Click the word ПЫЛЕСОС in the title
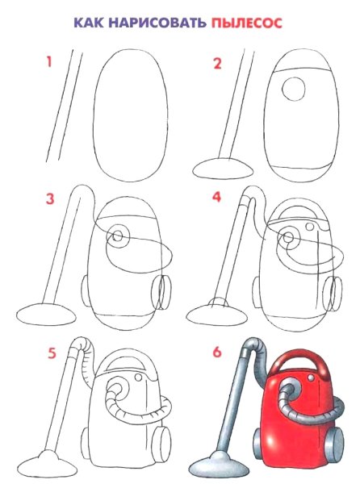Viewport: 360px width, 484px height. pyautogui.click(x=247, y=23)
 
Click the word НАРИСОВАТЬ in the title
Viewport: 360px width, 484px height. pyautogui.click(x=157, y=23)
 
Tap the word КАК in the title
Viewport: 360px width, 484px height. pyautogui.click(x=89, y=23)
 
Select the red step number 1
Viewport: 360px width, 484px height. pyautogui.click(x=48, y=62)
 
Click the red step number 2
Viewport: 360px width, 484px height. pyautogui.click(x=217, y=64)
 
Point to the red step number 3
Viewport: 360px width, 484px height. pyautogui.click(x=50, y=198)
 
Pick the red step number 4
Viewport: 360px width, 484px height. pyautogui.click(x=216, y=197)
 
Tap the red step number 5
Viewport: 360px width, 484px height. pyautogui.click(x=52, y=353)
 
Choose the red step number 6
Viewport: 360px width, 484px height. pyautogui.click(x=217, y=352)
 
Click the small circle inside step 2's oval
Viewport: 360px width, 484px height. pyautogui.click(x=293, y=89)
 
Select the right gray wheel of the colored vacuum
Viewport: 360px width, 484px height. pyautogui.click(x=334, y=440)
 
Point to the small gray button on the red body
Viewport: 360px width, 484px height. pyautogui.click(x=311, y=378)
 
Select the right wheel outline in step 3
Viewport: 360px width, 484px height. pyautogui.click(x=162, y=292)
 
